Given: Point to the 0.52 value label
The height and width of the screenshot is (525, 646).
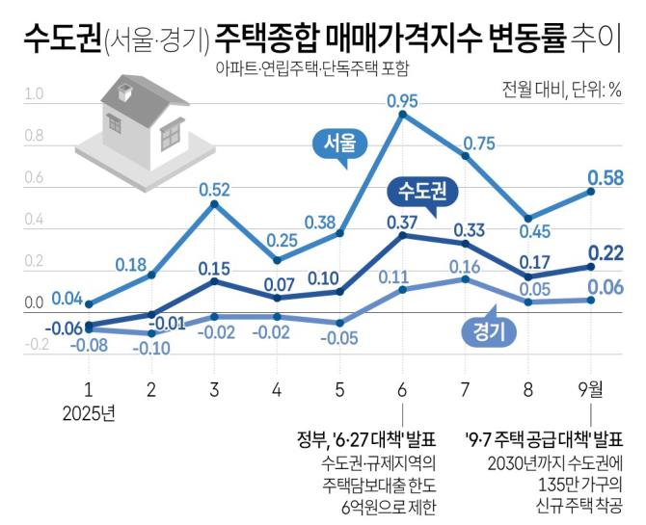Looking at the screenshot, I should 215,189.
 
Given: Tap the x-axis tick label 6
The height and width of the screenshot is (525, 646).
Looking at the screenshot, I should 401,391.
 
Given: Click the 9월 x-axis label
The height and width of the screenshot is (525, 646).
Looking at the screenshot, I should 590,391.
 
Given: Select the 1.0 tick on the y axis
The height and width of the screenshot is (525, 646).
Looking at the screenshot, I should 34,94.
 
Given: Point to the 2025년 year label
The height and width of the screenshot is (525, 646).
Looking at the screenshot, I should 88,414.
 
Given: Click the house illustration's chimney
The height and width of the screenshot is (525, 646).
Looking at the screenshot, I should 123,93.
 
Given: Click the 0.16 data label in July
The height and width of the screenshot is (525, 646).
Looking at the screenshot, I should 466,267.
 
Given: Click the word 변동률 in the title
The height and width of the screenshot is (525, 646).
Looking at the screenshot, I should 514,39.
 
